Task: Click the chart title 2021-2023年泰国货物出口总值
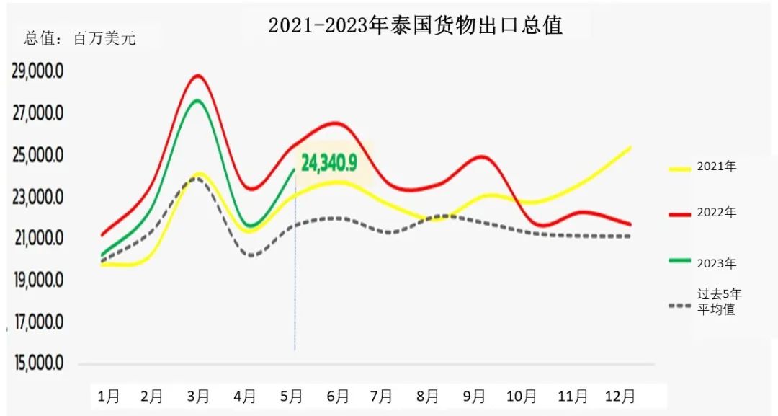[415, 26]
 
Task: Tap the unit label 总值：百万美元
[80, 39]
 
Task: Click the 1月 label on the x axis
[109, 396]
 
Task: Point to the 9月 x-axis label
[475, 396]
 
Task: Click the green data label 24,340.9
[329, 163]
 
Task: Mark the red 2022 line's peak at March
[198, 76]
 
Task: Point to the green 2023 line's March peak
[197, 100]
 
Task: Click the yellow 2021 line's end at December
[630, 147]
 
